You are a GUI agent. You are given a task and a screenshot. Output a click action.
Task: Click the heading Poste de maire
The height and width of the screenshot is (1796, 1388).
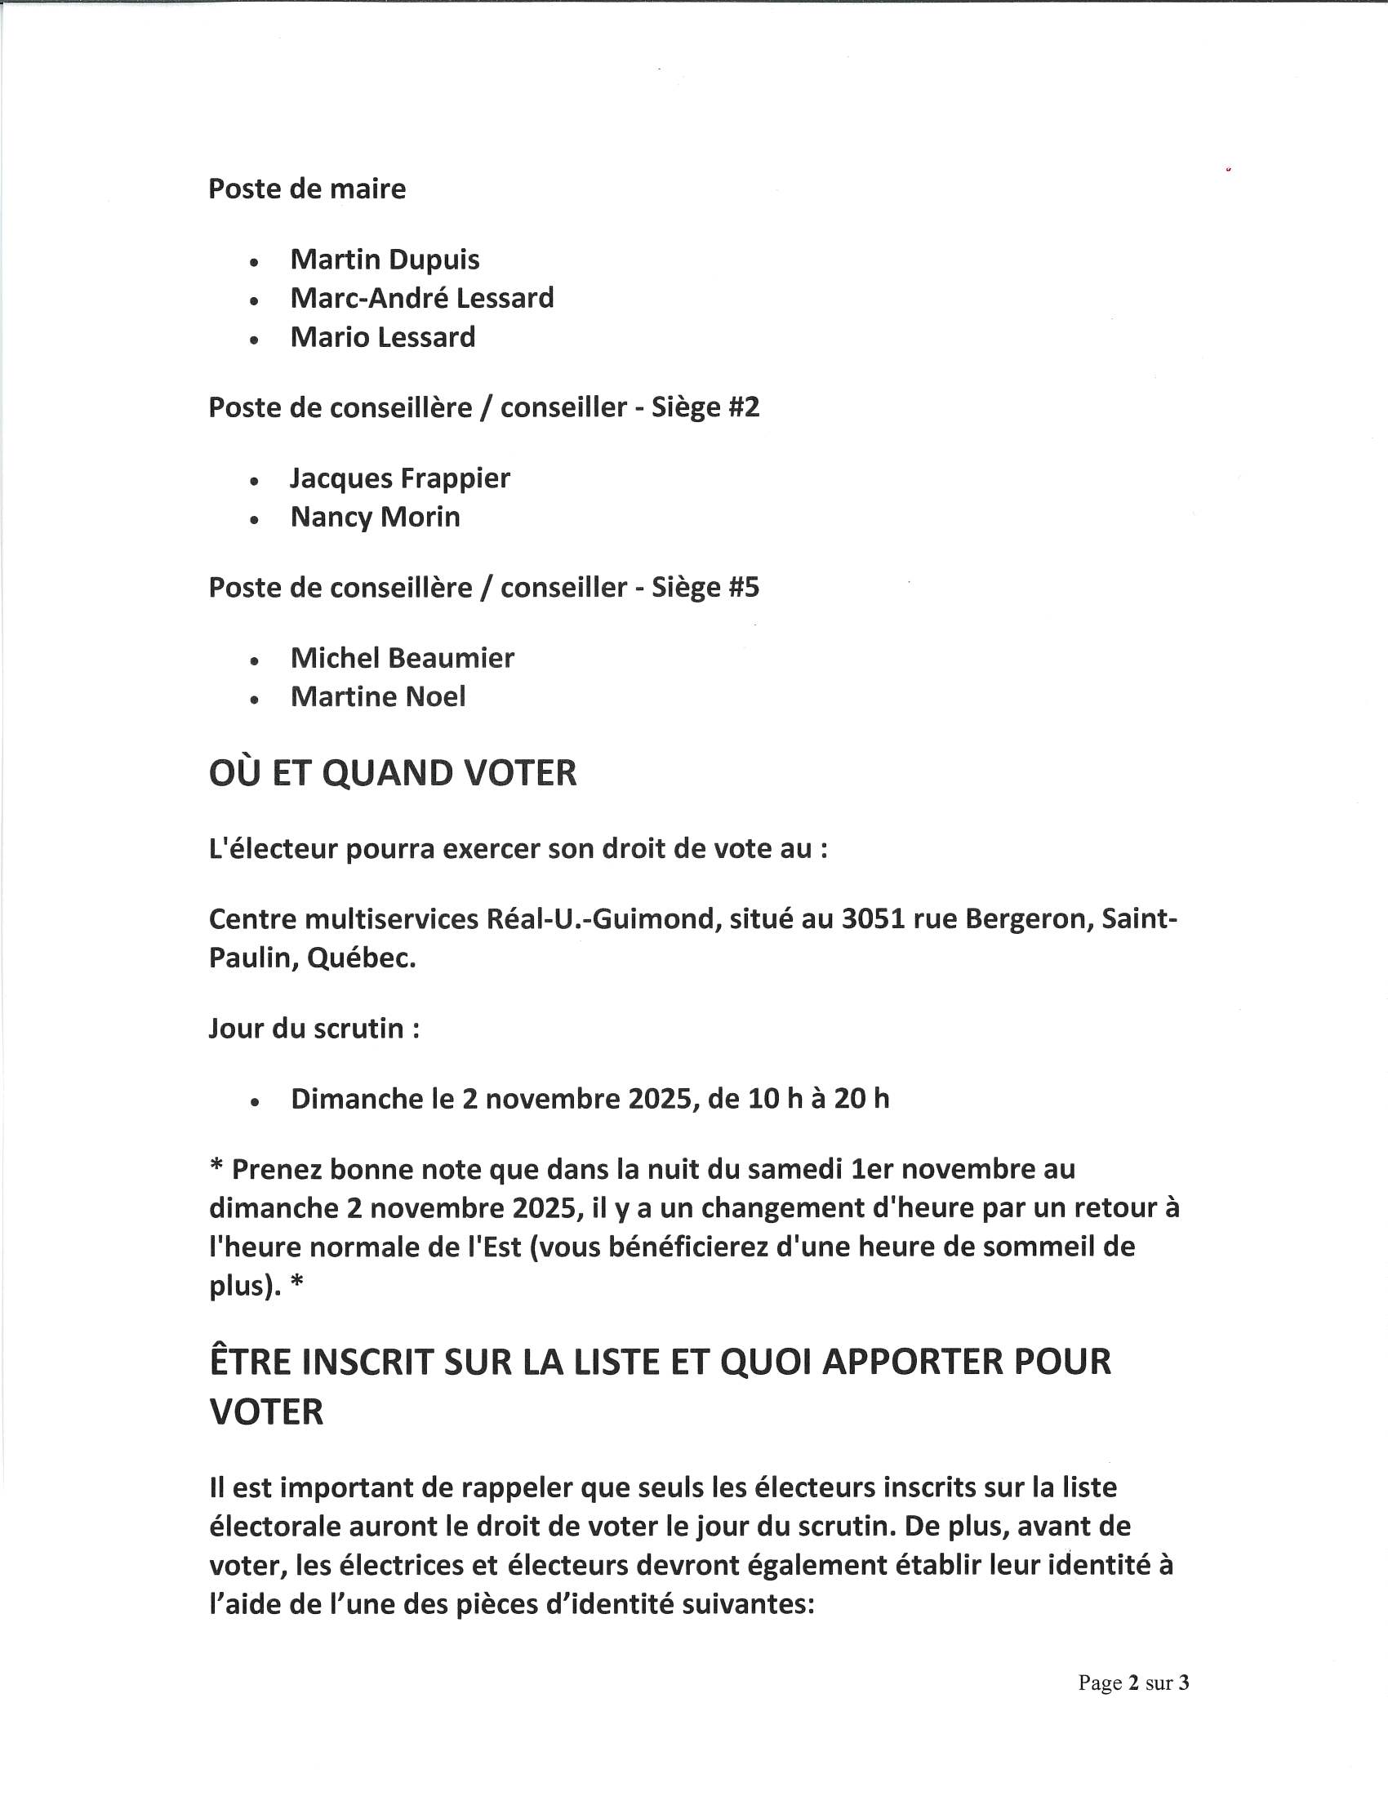point(307,189)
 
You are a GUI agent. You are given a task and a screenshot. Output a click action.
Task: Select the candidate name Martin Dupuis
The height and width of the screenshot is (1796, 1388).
point(385,260)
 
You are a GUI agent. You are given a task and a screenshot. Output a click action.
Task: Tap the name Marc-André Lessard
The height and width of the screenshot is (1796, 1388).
point(422,298)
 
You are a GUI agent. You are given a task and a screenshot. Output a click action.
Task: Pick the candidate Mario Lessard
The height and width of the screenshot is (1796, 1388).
point(383,337)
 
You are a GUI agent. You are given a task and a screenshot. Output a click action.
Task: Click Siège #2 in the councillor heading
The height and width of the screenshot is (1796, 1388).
point(705,408)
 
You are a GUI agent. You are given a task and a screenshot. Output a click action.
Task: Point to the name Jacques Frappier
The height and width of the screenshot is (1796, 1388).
point(399,478)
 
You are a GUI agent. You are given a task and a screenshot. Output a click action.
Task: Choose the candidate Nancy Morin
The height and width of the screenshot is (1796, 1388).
point(375,518)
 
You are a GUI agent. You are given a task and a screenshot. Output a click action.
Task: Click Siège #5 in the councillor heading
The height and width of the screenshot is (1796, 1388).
point(705,588)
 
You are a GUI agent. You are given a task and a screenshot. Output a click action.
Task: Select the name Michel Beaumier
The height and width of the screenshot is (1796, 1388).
point(402,658)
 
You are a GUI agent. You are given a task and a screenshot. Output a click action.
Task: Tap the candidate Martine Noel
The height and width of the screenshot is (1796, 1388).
point(378,697)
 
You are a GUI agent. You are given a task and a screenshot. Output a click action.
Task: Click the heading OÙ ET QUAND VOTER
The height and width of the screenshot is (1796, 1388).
point(393,774)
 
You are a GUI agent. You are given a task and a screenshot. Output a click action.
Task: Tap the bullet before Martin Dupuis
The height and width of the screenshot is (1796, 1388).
point(255,262)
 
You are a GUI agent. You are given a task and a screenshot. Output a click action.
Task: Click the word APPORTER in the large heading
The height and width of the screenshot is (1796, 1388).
point(913,1362)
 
